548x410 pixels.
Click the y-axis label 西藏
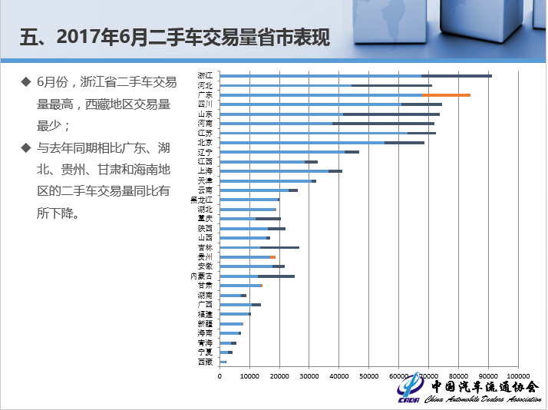[x=205, y=362]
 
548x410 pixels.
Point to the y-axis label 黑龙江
[x=201, y=200]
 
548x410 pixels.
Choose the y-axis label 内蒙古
[x=201, y=276]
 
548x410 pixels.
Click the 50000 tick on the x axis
[x=370, y=375]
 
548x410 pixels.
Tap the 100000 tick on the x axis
[x=519, y=375]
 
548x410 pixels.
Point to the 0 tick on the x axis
[x=220, y=375]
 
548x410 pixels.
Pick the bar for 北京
[x=322, y=143]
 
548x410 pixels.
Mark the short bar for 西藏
[x=223, y=362]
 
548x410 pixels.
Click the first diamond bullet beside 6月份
[x=26, y=81]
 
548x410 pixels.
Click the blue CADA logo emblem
[x=410, y=389]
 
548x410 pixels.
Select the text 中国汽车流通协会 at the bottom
[x=484, y=386]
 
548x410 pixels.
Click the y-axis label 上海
[x=205, y=171]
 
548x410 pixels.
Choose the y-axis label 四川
[x=205, y=104]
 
